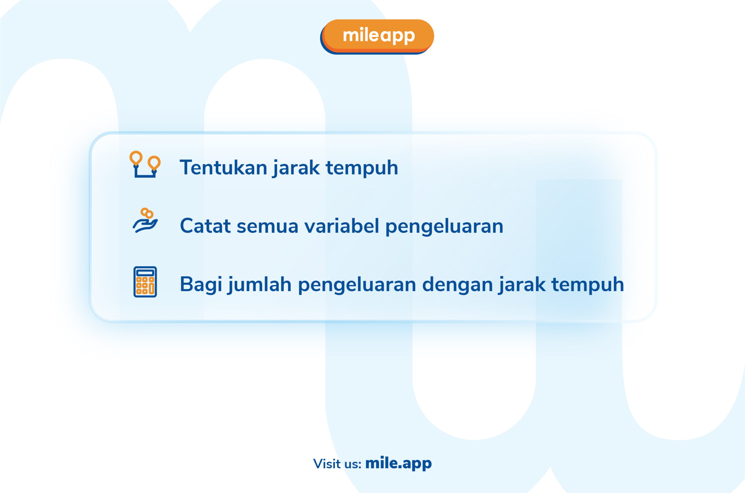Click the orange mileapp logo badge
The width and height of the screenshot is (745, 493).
coord(377,37)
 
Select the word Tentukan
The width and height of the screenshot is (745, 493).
coord(223,167)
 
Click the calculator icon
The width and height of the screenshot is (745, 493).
coord(145,282)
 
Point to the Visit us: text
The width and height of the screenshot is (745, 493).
coord(337,464)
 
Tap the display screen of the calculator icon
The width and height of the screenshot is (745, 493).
coord(145,273)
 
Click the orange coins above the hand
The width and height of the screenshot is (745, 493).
coord(147,213)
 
